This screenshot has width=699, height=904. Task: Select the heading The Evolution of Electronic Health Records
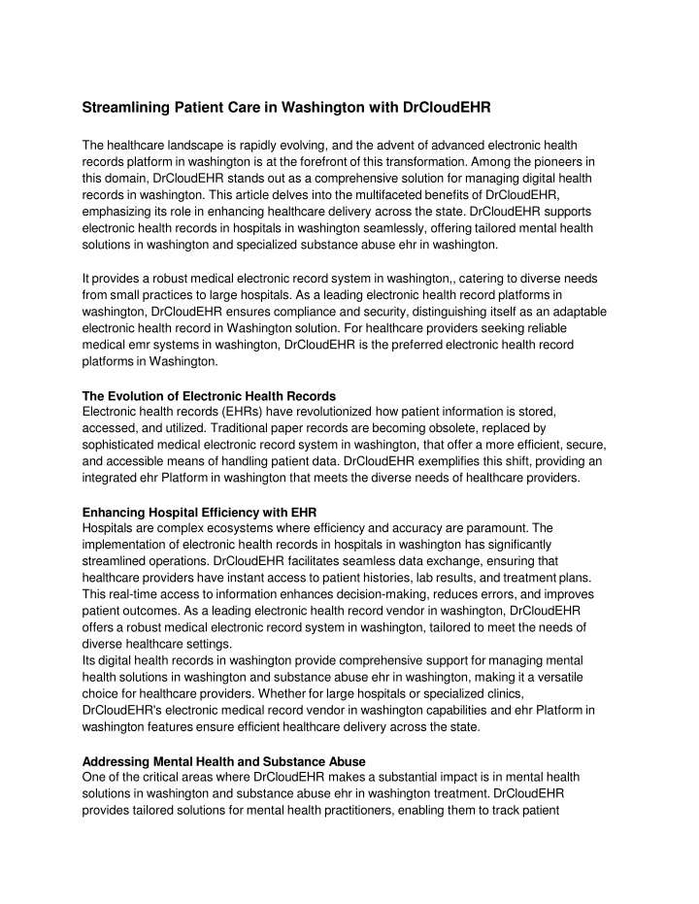(x=209, y=395)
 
